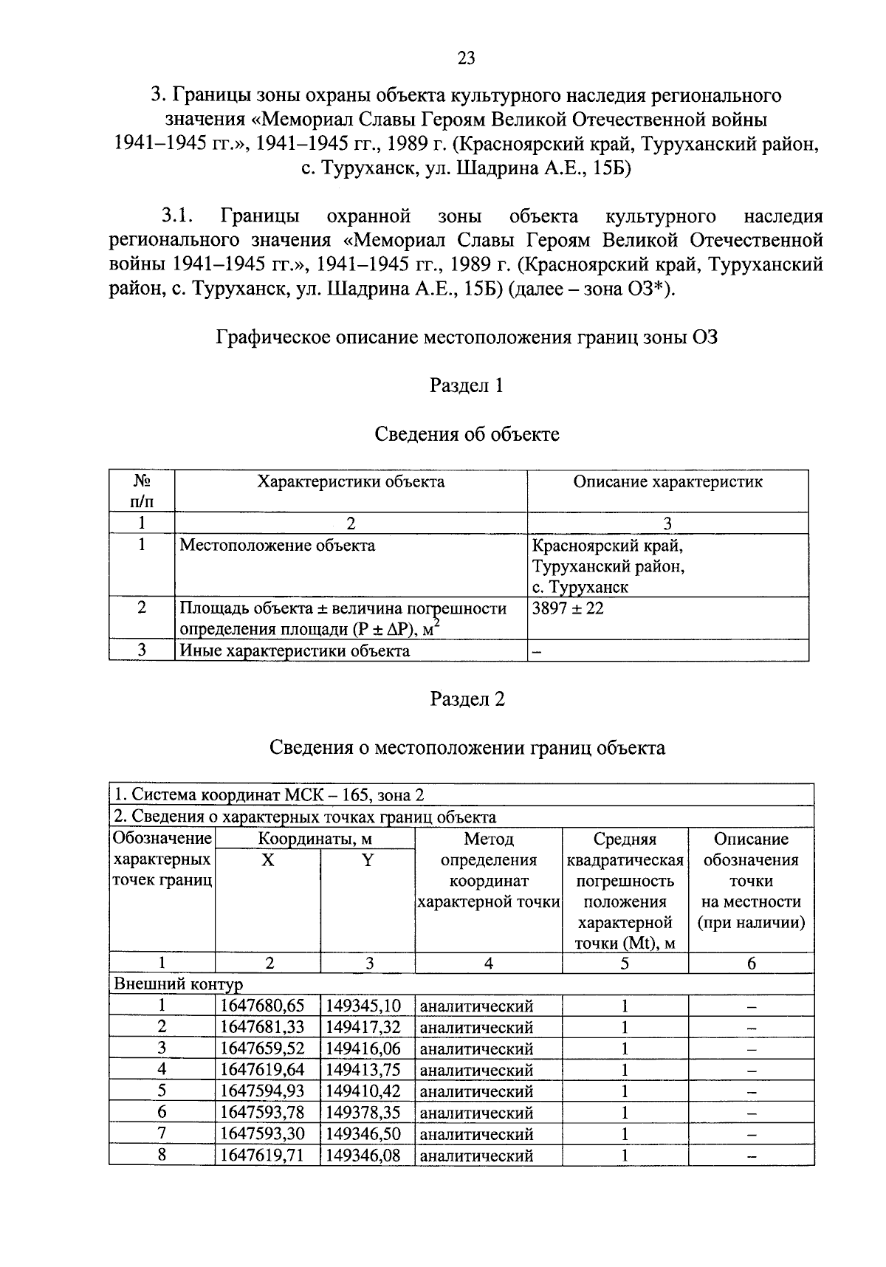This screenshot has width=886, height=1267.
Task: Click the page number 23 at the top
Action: (x=466, y=59)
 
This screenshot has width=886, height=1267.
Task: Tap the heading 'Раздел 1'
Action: (x=466, y=385)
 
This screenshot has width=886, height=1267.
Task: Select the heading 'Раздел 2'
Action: (x=467, y=699)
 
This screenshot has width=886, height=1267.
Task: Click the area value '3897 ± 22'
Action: (x=567, y=608)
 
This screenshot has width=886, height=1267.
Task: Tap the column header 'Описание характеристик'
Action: (x=667, y=482)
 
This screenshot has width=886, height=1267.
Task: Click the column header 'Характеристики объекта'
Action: (x=351, y=482)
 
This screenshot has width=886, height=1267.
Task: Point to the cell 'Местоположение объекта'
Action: (x=278, y=546)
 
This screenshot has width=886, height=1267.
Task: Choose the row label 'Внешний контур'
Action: (x=177, y=984)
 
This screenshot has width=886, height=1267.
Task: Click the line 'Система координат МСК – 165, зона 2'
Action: (x=269, y=795)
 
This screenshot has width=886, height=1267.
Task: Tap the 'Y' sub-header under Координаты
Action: (x=368, y=860)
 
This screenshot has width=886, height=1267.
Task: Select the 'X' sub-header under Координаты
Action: (x=268, y=860)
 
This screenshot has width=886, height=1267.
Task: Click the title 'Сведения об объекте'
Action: (x=467, y=434)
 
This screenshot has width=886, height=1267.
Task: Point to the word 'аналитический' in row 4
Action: (x=476, y=1070)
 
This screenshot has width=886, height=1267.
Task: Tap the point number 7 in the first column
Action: (x=162, y=1133)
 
